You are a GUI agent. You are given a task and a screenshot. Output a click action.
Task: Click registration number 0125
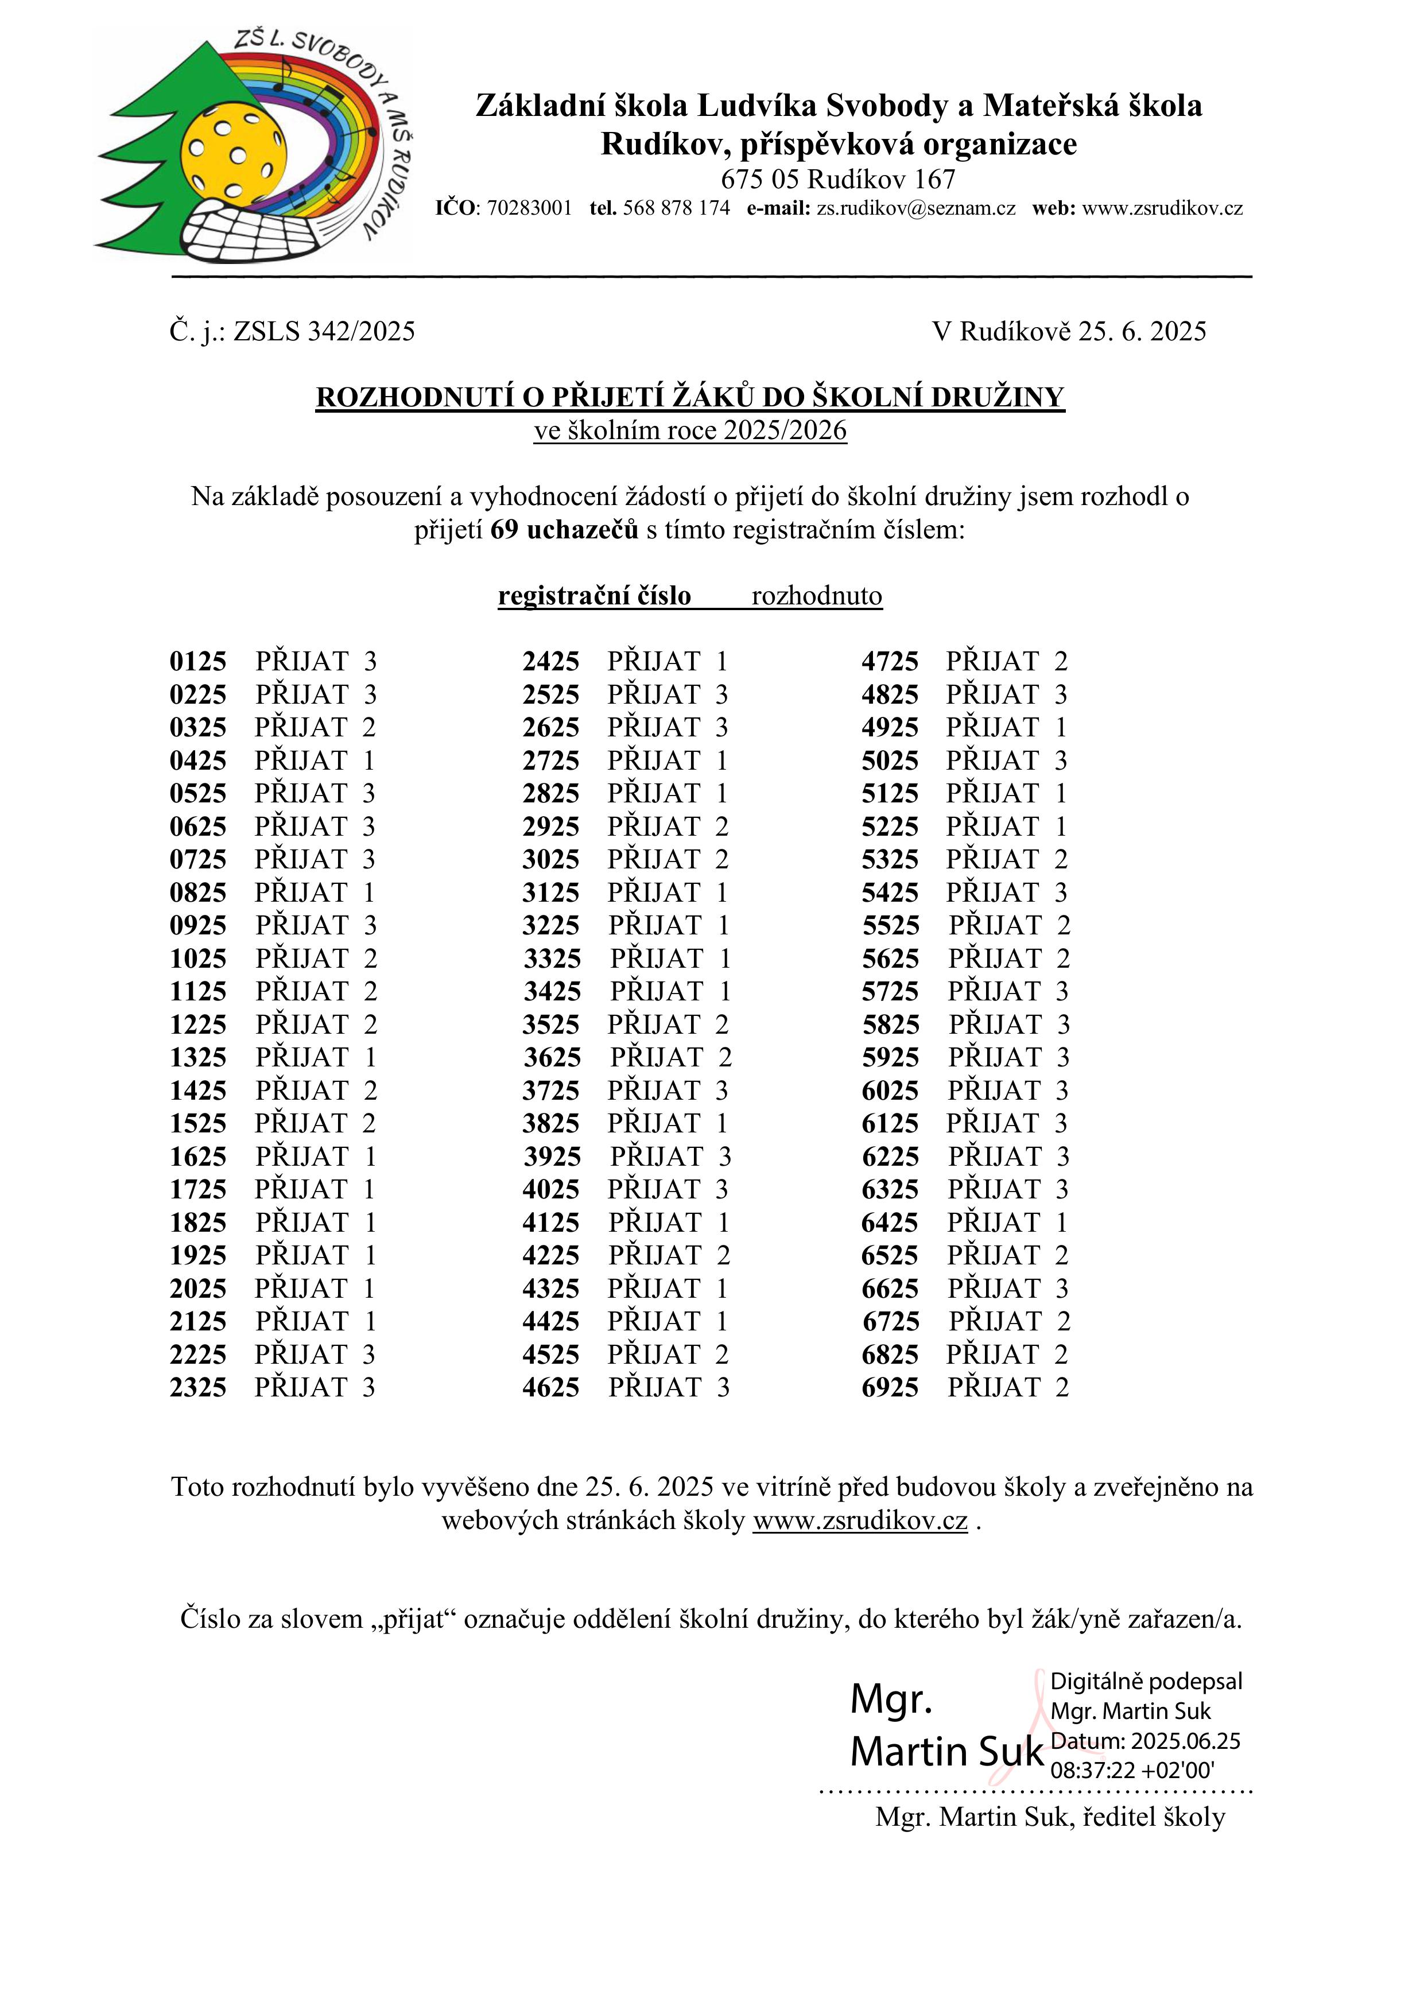point(197,661)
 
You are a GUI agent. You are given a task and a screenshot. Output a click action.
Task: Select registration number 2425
point(551,661)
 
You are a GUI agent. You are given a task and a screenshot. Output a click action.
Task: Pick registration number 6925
point(890,1388)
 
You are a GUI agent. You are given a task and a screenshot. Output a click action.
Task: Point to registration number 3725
point(551,1091)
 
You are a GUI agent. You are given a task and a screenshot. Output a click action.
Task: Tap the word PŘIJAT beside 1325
point(302,1058)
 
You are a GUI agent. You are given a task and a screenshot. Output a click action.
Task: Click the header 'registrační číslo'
point(594,596)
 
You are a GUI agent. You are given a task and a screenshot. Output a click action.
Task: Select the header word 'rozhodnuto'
point(817,596)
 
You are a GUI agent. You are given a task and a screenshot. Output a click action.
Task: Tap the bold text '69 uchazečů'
point(564,530)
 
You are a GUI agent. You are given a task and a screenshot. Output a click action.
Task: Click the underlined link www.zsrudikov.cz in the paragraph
point(860,1520)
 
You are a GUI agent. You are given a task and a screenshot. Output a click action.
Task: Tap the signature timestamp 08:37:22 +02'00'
point(1132,1769)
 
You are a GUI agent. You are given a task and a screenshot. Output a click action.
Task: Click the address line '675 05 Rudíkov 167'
point(838,180)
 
